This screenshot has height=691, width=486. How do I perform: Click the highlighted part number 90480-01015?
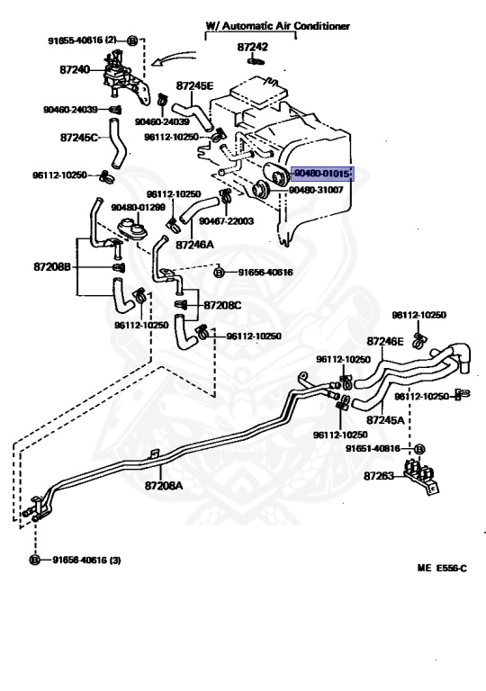click(x=322, y=174)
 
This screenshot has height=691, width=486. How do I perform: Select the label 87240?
click(x=75, y=69)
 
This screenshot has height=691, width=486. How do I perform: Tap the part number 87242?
click(x=252, y=47)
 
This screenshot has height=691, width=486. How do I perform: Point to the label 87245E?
click(x=194, y=85)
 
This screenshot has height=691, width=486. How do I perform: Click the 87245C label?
click(x=78, y=138)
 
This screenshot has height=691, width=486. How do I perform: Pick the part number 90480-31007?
click(x=316, y=191)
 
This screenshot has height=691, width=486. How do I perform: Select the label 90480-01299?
click(x=138, y=207)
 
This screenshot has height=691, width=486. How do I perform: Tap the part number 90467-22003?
click(x=226, y=221)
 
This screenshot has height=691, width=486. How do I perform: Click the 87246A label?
click(x=194, y=244)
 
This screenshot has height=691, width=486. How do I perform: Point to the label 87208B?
click(x=52, y=267)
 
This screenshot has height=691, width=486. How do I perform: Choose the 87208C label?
click(x=222, y=305)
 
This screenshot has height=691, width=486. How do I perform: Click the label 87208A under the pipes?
click(x=164, y=486)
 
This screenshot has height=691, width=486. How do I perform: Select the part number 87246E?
click(x=385, y=341)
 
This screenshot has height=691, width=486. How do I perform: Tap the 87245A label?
click(x=385, y=420)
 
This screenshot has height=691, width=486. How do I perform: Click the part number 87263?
click(x=378, y=476)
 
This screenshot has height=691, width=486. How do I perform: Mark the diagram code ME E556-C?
click(x=442, y=568)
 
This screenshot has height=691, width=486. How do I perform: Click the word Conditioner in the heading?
click(x=322, y=26)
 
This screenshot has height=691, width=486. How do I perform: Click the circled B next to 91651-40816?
click(x=419, y=449)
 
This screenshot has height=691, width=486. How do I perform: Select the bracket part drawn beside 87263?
click(x=422, y=478)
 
